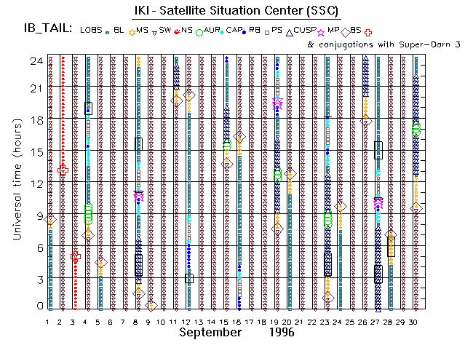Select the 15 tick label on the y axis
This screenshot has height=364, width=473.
click(x=35, y=151)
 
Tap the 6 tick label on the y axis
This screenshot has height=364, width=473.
click(x=38, y=247)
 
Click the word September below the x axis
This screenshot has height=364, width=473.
click(x=210, y=332)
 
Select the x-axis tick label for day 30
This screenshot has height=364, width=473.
click(x=414, y=321)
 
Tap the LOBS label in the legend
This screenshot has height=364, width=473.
click(x=92, y=30)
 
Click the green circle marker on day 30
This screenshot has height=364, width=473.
click(x=416, y=130)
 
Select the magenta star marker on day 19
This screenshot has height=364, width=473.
click(x=277, y=104)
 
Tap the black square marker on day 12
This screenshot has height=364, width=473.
click(x=188, y=278)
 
